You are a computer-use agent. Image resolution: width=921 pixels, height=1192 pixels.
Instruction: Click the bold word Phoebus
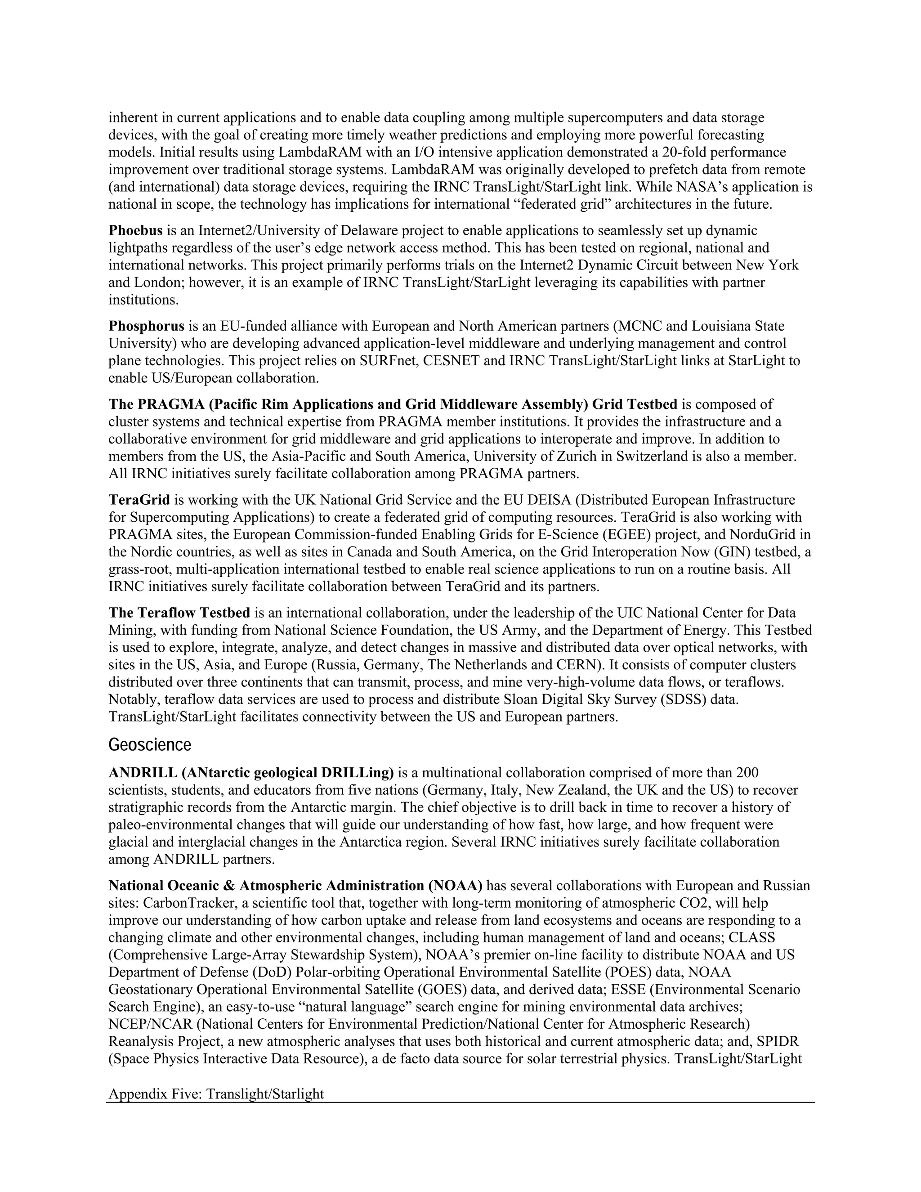pos(135,230)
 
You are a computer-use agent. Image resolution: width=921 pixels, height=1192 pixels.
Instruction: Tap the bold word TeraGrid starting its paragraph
pos(139,500)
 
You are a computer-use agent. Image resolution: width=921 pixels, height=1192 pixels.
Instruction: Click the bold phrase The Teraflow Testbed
pos(179,612)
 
